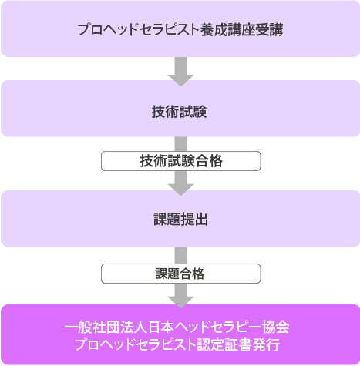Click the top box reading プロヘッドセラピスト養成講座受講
click(180, 29)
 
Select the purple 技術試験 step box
click(180, 109)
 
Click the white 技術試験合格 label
click(181, 161)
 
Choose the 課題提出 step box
click(180, 219)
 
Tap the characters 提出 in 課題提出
click(194, 220)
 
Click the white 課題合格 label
click(181, 274)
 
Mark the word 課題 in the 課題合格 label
click(167, 274)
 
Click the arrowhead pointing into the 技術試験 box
click(180, 81)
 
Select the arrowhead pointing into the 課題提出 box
click(180, 190)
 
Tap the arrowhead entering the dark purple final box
click(180, 303)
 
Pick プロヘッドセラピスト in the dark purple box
click(136, 344)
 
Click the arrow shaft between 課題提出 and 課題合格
click(181, 255)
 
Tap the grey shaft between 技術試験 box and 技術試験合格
click(181, 144)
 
